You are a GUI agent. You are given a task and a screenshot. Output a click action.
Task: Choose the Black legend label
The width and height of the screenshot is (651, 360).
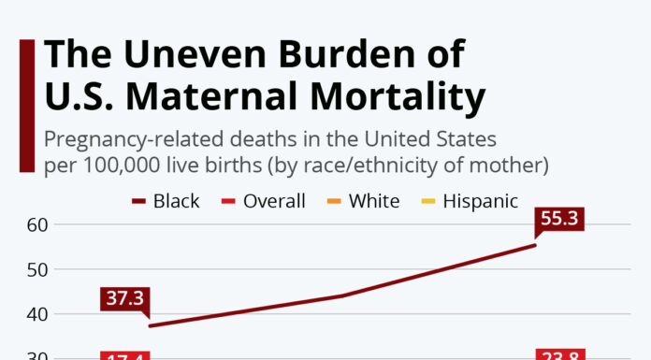point(176,201)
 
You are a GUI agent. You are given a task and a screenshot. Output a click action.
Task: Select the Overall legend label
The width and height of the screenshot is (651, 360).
point(274,201)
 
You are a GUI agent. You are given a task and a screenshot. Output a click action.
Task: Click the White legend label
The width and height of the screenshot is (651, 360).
point(374,201)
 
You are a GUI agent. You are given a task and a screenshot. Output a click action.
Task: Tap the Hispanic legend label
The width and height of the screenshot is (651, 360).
point(480,201)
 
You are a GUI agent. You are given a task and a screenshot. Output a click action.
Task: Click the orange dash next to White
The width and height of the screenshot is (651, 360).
point(334,202)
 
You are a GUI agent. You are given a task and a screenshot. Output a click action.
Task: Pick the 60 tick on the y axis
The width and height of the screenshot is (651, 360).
point(36,225)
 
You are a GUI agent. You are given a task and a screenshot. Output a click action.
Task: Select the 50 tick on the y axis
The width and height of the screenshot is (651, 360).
point(36,269)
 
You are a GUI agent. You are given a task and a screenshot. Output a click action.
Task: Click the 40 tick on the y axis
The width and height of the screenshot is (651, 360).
point(36,314)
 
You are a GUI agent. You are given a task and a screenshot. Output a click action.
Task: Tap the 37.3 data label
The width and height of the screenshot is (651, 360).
point(123,299)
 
